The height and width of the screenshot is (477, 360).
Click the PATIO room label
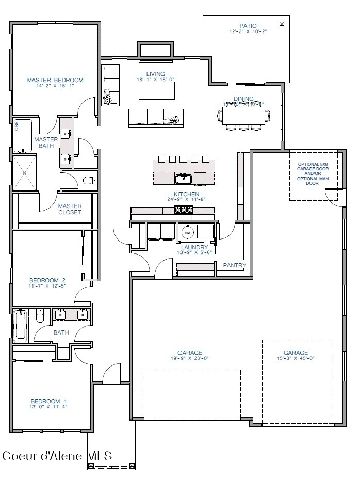tap(248, 26)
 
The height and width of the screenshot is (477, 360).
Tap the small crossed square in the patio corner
tap(282, 23)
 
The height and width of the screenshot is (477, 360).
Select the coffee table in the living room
tap(156, 91)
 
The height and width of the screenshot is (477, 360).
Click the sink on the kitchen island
tap(184, 179)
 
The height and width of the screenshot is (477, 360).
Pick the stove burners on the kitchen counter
tap(183, 210)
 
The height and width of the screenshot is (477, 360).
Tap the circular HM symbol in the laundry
tap(187, 233)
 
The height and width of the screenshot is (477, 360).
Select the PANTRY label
tap(234, 265)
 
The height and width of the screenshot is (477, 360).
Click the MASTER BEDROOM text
tap(55, 80)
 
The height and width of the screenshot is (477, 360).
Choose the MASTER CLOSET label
tap(70, 209)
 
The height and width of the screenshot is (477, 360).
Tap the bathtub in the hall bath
tap(21, 325)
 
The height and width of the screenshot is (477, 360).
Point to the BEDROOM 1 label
tap(49, 401)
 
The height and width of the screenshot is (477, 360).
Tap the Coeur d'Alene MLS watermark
tap(57, 456)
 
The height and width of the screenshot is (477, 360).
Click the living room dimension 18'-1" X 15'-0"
tap(156, 79)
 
